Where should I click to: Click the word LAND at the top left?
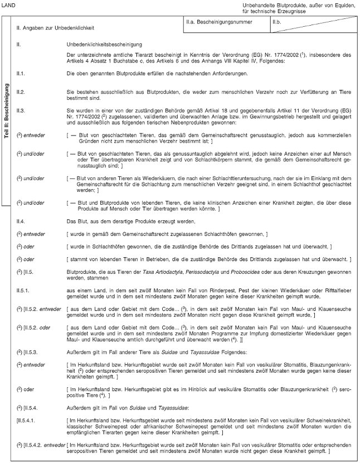tap(9, 4)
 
